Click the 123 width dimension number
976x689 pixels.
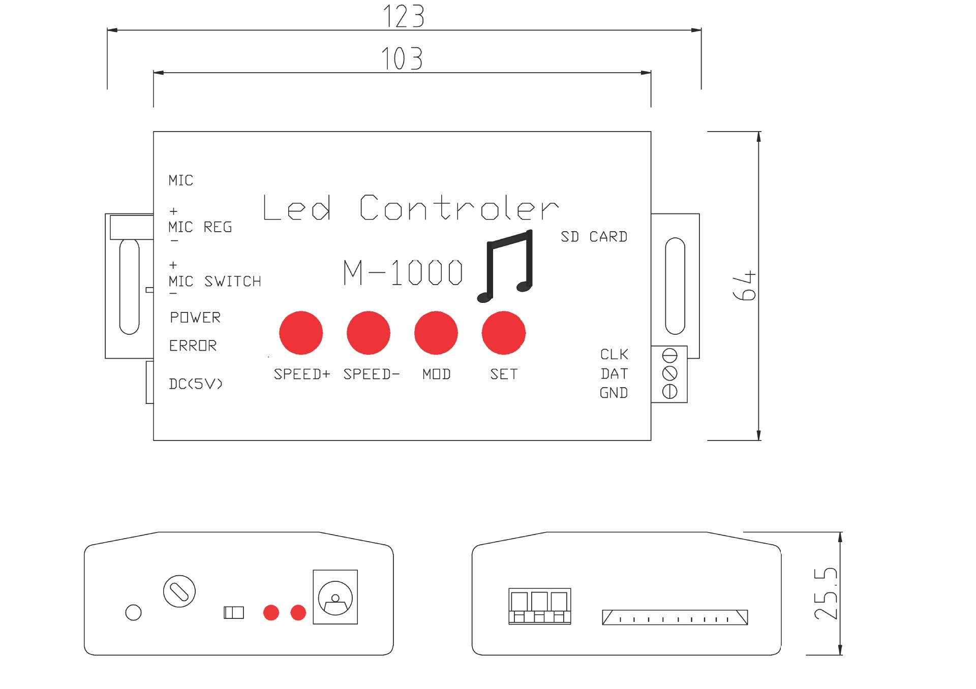[x=403, y=16]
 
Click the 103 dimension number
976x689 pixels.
[x=402, y=58]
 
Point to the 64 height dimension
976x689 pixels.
[x=744, y=286]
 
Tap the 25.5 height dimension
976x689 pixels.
[x=826, y=593]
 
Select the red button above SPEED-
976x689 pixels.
[x=369, y=333]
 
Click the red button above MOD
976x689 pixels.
[x=436, y=333]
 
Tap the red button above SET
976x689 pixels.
[x=504, y=333]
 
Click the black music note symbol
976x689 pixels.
[x=505, y=266]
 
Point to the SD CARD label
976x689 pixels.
[x=594, y=237]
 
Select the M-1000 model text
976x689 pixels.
[x=403, y=272]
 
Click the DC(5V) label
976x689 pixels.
[x=196, y=384]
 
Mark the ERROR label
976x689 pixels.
[x=193, y=346]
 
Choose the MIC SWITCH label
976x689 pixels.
[x=215, y=281]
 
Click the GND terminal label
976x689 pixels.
[x=614, y=393]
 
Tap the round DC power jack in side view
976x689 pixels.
[x=335, y=598]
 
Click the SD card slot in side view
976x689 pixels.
[x=675, y=617]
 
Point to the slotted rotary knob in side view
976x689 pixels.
[x=179, y=591]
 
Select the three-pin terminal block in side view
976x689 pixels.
[x=540, y=606]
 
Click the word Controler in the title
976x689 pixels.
[x=460, y=208]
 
